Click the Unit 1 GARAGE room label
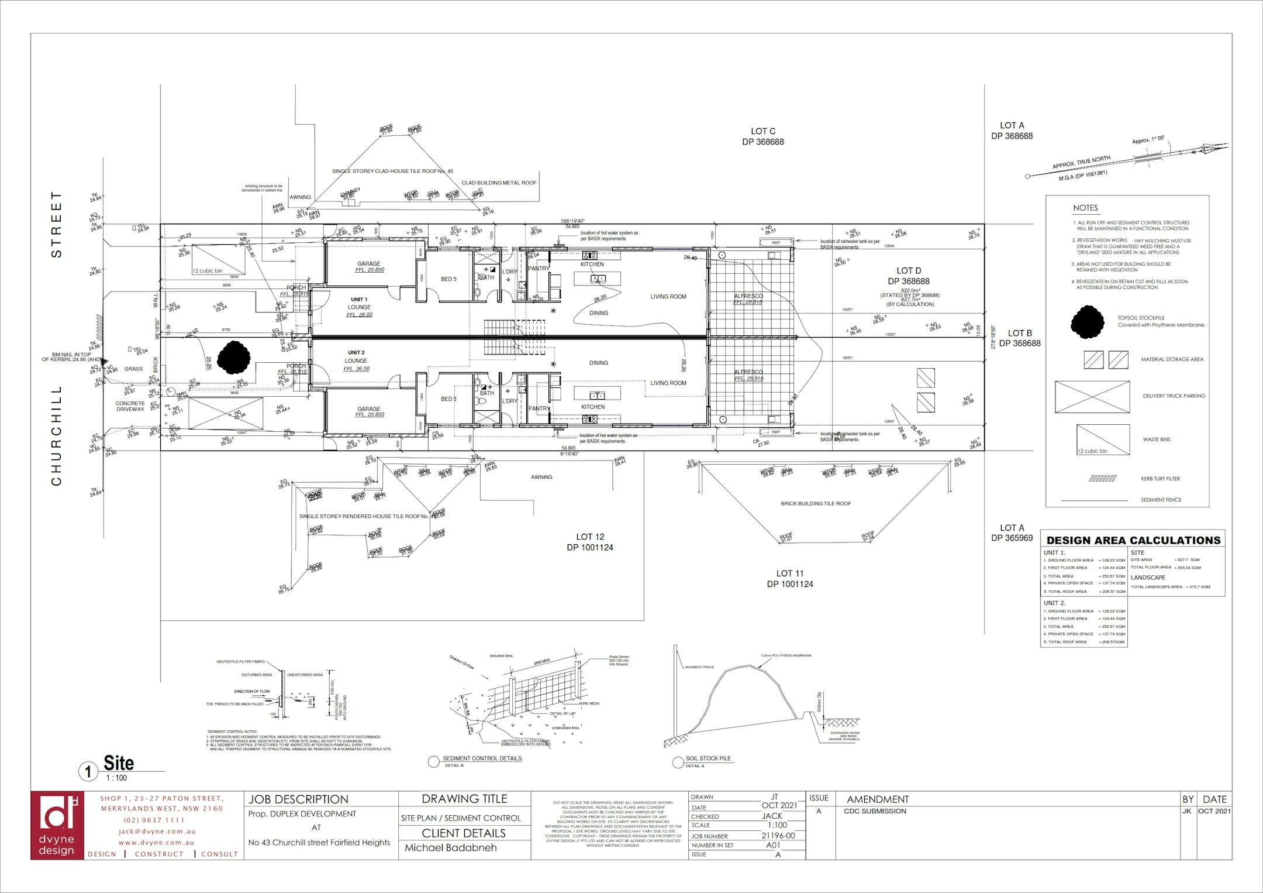368,264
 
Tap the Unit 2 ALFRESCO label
748,372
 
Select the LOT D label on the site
908,271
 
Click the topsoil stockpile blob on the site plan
234,357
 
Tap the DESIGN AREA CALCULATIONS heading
1133,541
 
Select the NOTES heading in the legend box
1085,208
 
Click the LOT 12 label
589,537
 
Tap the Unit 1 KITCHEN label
592,265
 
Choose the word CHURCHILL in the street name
57,435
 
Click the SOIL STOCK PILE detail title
708,758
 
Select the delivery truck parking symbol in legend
1092,397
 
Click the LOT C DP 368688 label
762,136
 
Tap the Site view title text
119,764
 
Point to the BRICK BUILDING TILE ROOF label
815,504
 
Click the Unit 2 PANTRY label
539,409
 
